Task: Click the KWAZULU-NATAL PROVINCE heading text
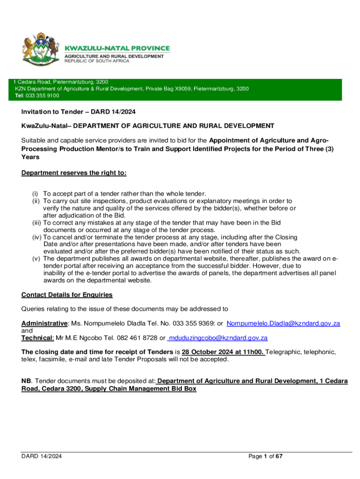[x=117, y=48]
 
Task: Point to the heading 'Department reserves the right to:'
[x=74, y=173]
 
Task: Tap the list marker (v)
[x=34, y=258]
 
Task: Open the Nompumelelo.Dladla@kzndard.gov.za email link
[x=283, y=323]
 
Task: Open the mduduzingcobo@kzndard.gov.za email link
[x=217, y=338]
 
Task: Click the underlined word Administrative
[x=44, y=323]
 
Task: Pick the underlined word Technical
[x=37, y=338]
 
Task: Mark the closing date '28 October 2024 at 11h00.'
[x=223, y=352]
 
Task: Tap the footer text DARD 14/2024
[x=42, y=456]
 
